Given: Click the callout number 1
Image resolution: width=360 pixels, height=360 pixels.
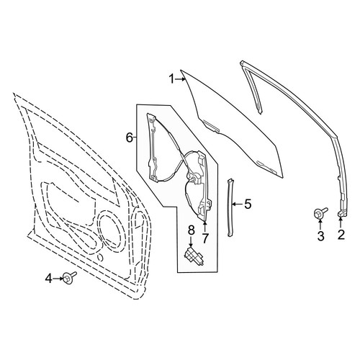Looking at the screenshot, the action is [171, 79].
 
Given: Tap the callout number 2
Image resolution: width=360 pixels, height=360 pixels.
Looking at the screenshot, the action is [341, 235].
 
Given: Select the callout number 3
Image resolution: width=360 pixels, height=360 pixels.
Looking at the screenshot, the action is [320, 236].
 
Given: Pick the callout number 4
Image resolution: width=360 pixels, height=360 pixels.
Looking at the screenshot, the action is [49, 279].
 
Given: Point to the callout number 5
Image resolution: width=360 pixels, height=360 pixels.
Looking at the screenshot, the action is [248, 204].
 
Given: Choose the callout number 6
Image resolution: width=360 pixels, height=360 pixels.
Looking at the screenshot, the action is [130, 138].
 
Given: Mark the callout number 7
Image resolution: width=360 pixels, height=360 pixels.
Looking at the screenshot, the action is [204, 238].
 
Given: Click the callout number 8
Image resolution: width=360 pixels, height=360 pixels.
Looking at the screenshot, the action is [191, 230].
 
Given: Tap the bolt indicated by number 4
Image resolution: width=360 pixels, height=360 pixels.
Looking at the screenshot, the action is [69, 277].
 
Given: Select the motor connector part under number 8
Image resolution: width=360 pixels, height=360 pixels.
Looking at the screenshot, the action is [194, 257].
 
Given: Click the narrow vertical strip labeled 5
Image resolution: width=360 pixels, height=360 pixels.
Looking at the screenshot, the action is [231, 207].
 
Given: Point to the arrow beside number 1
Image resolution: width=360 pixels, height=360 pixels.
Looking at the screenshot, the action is [180, 79].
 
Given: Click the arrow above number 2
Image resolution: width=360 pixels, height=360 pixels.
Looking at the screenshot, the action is [341, 222].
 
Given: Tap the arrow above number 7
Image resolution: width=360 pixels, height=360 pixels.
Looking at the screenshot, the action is [204, 227].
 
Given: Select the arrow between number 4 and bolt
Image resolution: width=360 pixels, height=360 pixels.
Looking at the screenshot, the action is [58, 279].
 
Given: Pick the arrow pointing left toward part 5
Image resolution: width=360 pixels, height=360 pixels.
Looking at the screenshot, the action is [238, 204].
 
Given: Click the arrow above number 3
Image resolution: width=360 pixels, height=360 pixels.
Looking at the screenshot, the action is [320, 225].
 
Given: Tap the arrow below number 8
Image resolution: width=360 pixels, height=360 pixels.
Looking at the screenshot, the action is [191, 241].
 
